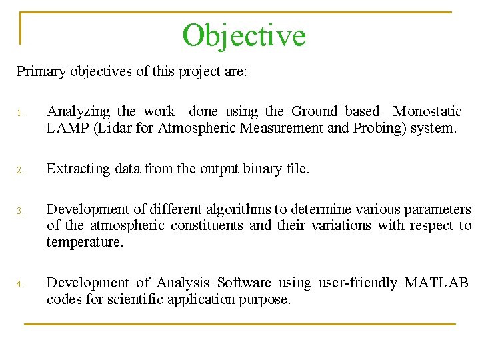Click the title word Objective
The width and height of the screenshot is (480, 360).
tap(244, 35)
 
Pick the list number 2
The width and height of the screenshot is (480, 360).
tap(20, 170)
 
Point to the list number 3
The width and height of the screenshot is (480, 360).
tap(20, 211)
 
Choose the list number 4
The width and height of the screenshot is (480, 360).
tap(20, 285)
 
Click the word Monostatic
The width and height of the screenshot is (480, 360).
tap(427, 111)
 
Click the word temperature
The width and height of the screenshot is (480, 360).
tap(85, 242)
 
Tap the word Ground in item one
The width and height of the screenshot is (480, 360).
tap(315, 111)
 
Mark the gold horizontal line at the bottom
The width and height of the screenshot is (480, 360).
tap(240, 324)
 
